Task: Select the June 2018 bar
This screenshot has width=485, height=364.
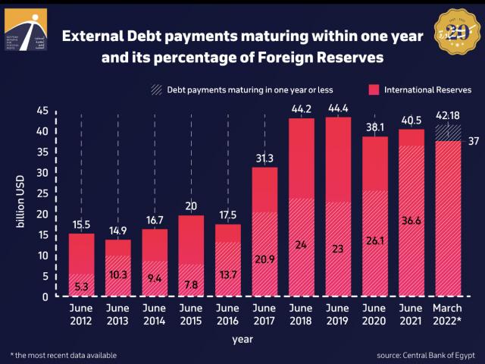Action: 301,205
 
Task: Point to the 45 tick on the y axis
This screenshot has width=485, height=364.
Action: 42,111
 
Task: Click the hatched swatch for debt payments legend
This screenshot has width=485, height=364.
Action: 155,89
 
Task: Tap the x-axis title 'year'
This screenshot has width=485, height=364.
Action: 242,339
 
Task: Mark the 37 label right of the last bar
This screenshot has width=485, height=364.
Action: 474,141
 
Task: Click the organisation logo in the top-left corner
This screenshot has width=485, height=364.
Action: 25,30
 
